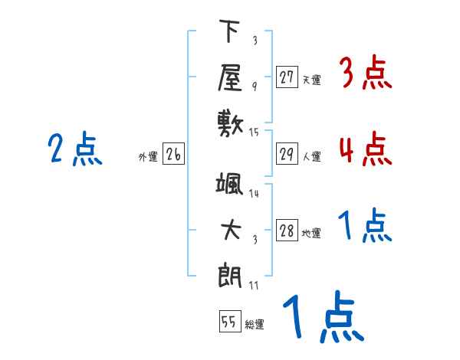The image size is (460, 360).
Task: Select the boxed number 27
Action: (x=287, y=77)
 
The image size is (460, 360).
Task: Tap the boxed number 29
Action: (x=287, y=154)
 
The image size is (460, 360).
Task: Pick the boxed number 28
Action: (x=287, y=231)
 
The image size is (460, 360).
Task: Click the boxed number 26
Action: (x=173, y=155)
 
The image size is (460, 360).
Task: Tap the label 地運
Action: (x=311, y=234)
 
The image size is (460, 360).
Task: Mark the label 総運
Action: (x=255, y=325)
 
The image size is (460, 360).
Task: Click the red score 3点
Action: (x=365, y=74)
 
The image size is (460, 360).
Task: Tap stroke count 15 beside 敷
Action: (x=255, y=133)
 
